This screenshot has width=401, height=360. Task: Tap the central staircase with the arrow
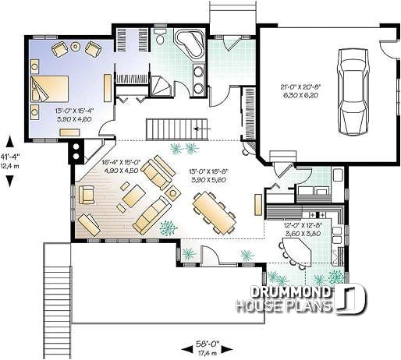pyautogui.click(x=177, y=128)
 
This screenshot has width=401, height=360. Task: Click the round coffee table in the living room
pyautogui.click(x=172, y=192)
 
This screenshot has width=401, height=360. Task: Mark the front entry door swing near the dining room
pyautogui.click(x=210, y=256)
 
